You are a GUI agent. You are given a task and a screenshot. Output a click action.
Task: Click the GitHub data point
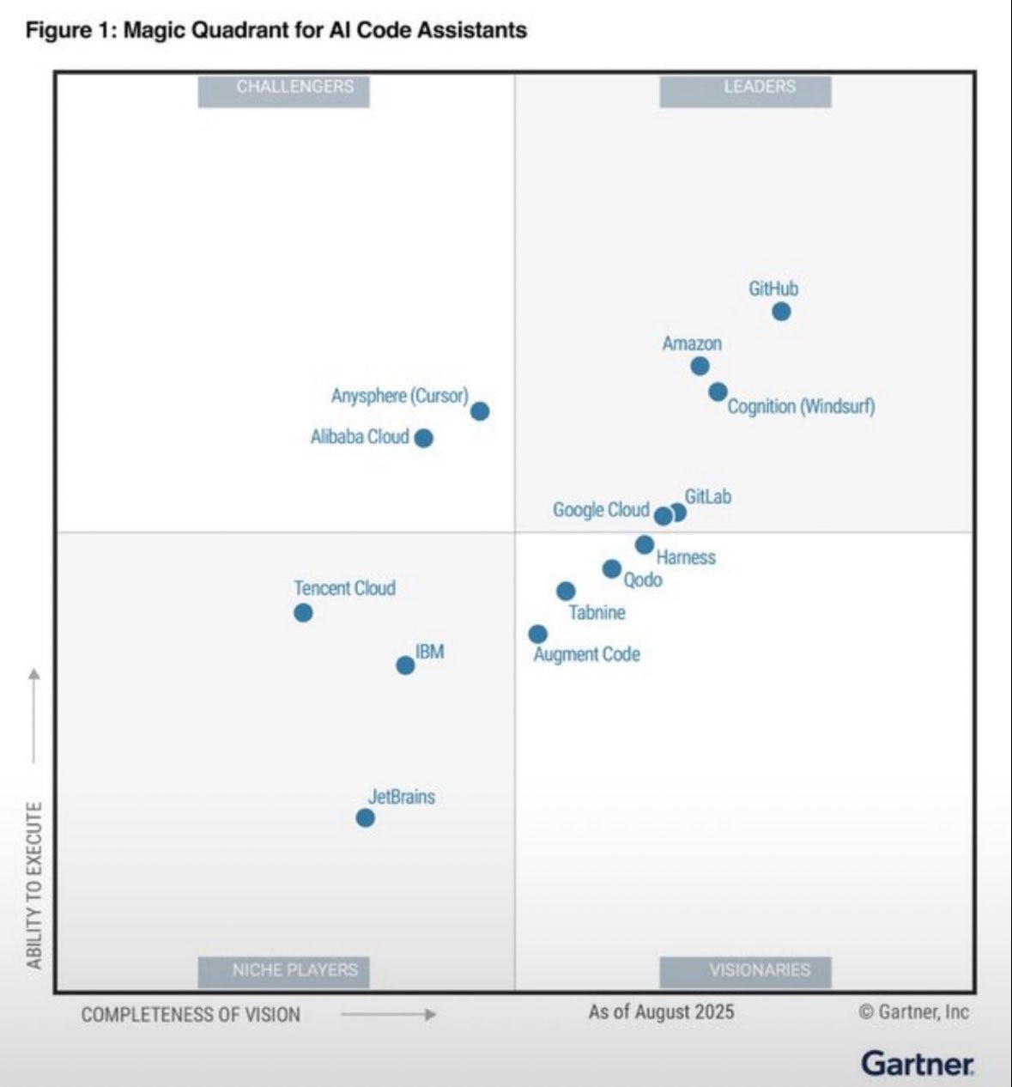781,312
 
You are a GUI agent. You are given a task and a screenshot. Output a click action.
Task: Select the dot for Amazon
700,366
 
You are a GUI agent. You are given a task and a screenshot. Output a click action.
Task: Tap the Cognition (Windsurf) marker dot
718,392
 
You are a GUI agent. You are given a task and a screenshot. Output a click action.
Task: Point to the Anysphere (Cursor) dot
481,411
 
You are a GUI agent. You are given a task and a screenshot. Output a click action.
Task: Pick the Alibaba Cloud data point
424,438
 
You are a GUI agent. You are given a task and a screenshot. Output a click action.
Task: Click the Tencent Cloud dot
303,613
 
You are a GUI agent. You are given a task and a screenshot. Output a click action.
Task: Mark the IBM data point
405,665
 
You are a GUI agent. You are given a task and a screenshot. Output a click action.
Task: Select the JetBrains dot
366,818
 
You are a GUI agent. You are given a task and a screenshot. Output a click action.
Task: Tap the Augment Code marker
538,635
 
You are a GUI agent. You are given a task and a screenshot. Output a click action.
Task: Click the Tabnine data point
566,591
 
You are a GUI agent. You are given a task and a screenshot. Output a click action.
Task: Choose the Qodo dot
612,568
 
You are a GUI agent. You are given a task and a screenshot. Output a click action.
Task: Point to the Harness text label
686,558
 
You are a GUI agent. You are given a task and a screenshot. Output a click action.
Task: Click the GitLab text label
708,497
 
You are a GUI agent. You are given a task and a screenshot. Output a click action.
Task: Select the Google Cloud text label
601,510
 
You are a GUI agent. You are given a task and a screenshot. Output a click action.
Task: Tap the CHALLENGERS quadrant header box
284,90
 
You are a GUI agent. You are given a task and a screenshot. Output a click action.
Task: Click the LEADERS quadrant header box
745,90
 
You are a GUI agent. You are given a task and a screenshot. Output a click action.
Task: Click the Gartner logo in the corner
918,1063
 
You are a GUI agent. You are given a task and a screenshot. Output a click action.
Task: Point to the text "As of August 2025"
661,1011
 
